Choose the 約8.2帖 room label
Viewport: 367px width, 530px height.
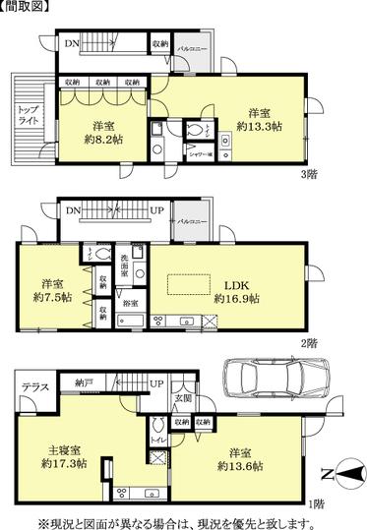[x=103, y=132]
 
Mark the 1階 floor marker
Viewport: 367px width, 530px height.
[x=315, y=504]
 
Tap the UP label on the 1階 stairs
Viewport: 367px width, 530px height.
[x=155, y=383]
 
